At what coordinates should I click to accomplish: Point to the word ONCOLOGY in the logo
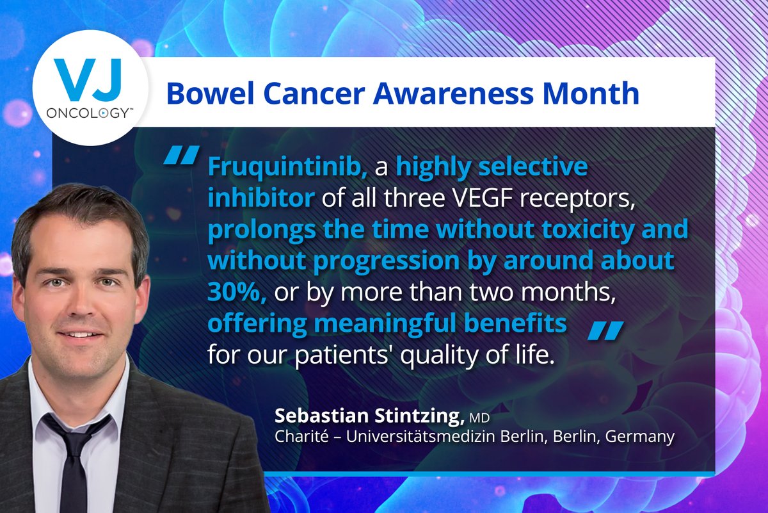point(89,113)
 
